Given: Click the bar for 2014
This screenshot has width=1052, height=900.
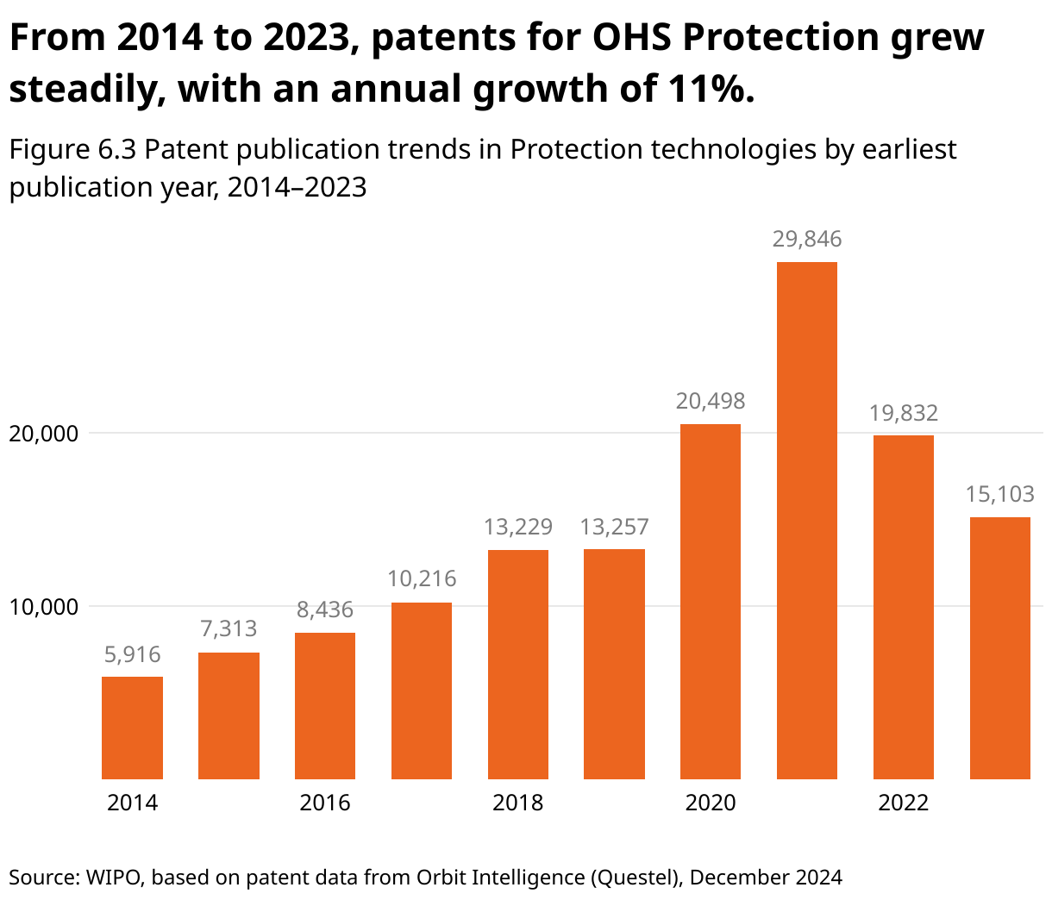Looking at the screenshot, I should pos(132,728).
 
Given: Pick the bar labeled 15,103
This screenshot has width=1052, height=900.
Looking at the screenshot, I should pos(1000,647).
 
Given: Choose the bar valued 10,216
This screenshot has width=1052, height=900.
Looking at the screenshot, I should pos(422,691).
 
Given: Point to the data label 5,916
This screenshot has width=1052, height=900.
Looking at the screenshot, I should pos(132,655).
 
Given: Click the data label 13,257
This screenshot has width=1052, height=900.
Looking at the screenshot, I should pos(614,527).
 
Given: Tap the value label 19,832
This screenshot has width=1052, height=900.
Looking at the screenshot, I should pos(904,413).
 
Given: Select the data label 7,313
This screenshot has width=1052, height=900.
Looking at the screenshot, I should pos(229,629).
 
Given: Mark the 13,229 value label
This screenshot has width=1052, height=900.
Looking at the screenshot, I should pos(517,527).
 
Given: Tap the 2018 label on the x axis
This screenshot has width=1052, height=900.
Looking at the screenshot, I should pos(517,803).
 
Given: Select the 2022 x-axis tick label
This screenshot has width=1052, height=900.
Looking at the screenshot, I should pos(904,803).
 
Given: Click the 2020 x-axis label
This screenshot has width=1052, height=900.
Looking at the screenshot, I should pos(711,803).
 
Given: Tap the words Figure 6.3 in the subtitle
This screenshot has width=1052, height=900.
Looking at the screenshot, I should pos(72,150).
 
